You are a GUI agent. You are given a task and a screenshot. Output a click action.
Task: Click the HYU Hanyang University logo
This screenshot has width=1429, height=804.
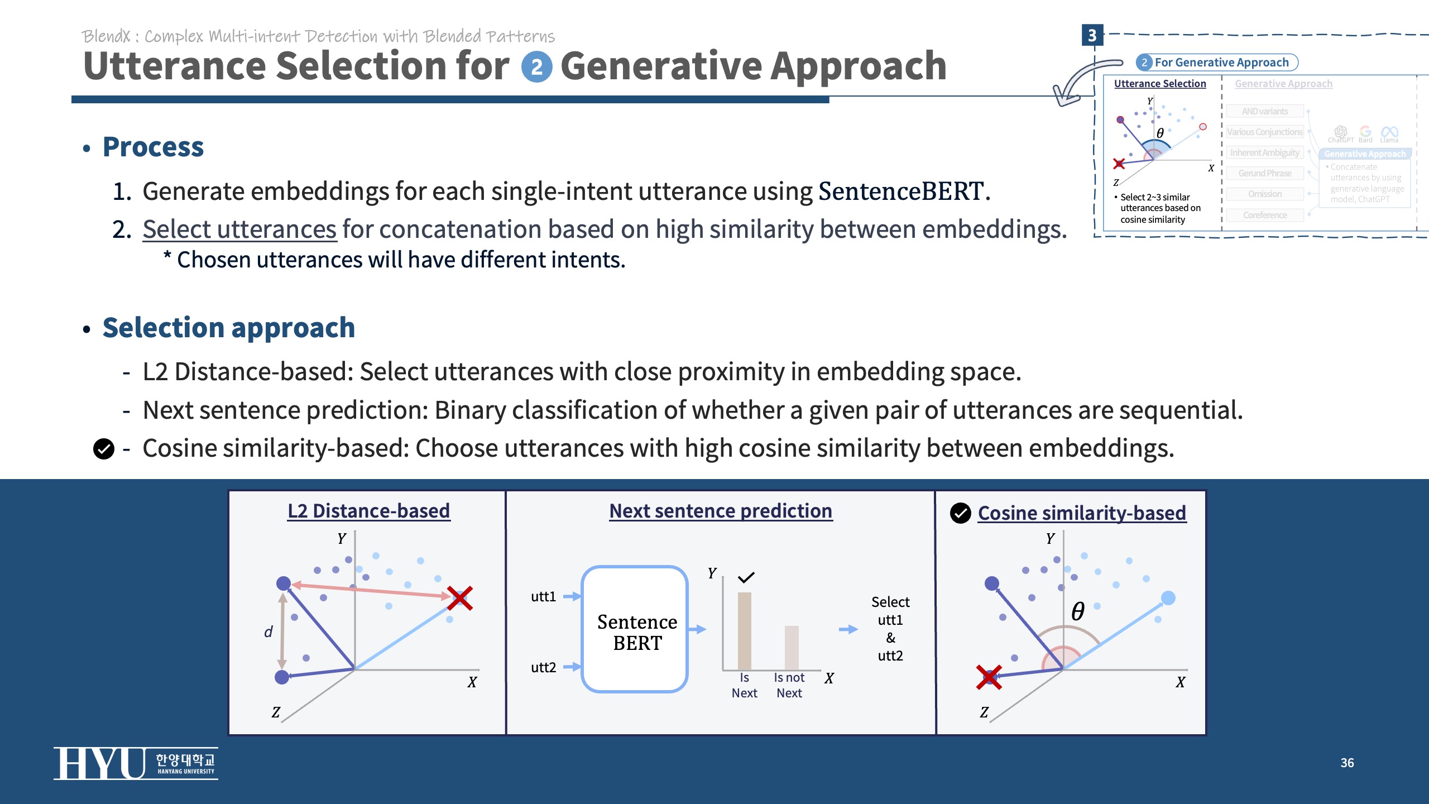135,763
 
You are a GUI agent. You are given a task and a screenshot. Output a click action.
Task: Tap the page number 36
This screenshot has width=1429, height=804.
1347,763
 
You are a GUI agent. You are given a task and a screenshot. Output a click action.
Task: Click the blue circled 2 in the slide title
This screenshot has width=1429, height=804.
536,68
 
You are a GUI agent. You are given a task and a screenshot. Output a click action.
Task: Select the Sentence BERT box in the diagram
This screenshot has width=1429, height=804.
635,629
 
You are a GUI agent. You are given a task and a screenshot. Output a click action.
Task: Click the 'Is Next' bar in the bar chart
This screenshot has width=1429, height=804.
744,630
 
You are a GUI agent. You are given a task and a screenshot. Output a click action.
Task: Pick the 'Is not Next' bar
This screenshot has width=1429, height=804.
792,647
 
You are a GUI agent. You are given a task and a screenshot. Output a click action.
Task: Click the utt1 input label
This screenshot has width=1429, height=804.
543,596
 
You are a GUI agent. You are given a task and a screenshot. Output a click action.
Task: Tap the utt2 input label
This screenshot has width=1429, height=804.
543,667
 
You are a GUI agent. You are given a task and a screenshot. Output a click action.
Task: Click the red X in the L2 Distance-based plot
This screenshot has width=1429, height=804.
460,598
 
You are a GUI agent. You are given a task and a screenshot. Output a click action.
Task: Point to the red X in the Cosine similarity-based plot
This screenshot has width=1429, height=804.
989,677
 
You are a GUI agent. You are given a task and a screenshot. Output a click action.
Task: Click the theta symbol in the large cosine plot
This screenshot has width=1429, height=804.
1077,611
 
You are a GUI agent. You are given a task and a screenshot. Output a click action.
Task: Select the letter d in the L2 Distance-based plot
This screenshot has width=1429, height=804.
268,631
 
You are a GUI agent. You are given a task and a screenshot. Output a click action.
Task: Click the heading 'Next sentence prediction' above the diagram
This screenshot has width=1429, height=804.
721,511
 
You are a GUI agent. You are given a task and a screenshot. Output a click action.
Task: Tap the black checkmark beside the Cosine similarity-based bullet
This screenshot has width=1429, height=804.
104,448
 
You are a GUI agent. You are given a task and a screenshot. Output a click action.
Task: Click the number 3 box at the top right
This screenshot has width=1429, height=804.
1092,35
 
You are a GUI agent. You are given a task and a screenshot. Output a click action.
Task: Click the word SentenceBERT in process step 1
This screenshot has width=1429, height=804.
900,192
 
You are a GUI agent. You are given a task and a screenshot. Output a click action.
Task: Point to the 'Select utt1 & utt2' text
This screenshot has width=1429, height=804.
890,629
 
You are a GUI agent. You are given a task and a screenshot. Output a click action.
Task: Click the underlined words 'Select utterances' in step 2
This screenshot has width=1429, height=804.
239,229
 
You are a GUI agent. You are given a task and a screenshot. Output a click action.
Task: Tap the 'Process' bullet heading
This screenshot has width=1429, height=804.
153,147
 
